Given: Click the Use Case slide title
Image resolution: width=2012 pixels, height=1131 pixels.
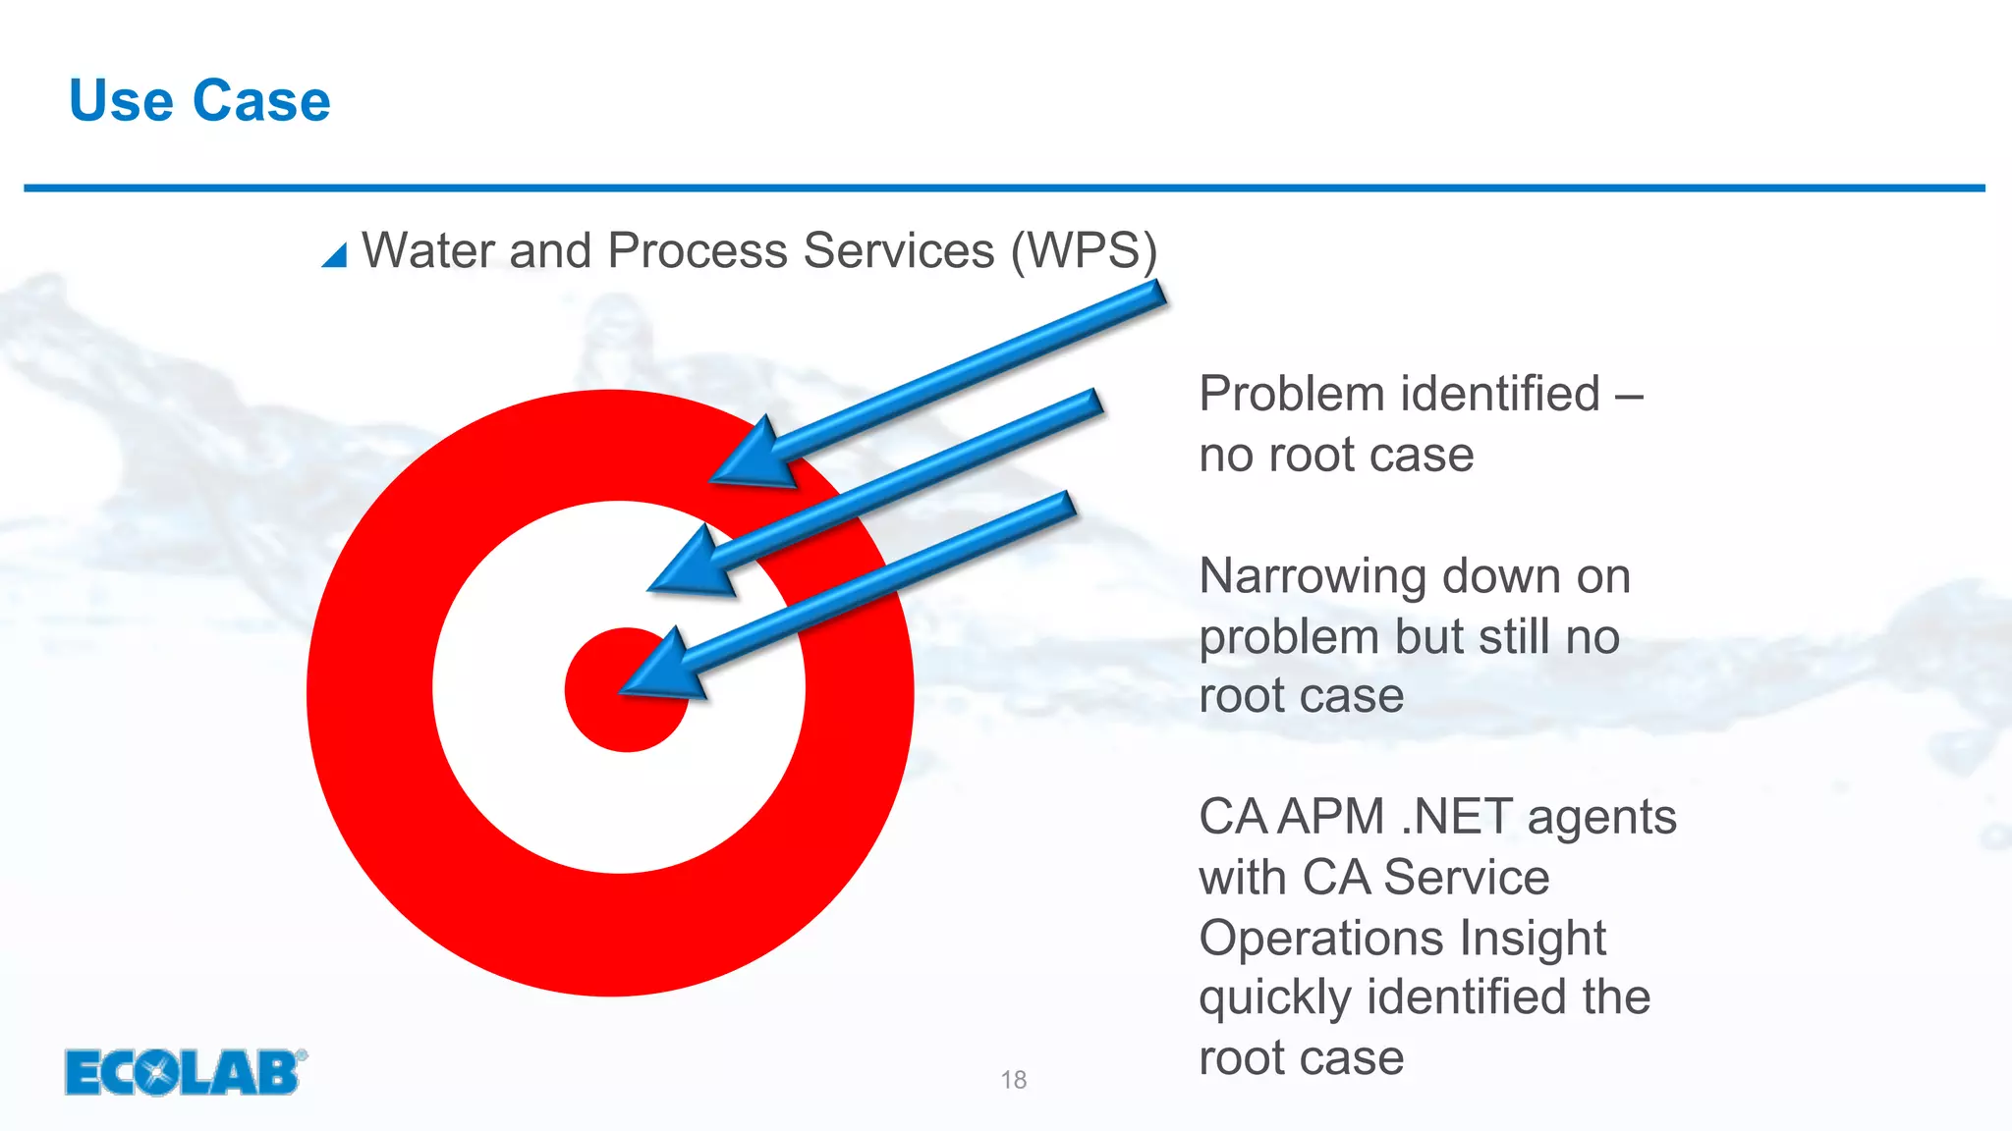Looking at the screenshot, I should (199, 101).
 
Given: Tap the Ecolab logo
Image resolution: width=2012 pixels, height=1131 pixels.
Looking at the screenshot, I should (185, 1072).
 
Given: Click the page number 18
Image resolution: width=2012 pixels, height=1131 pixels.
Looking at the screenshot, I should (1013, 1080).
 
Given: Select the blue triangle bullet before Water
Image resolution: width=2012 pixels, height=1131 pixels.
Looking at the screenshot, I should (335, 255).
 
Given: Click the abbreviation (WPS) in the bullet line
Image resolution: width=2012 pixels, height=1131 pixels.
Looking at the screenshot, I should (1085, 251).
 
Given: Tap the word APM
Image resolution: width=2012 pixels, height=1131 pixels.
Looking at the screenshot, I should (1331, 818).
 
